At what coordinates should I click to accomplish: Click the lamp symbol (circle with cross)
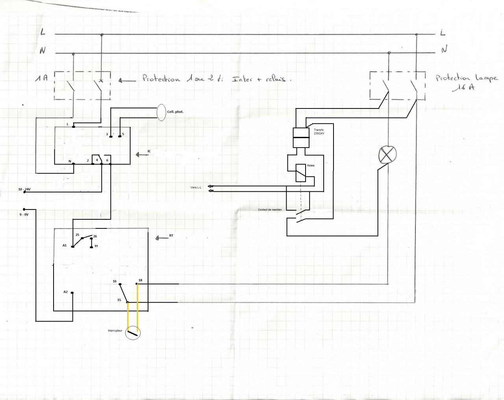387,155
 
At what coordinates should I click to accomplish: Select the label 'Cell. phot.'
175,112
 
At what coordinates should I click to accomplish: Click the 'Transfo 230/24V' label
319,132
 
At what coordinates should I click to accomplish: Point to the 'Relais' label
311,165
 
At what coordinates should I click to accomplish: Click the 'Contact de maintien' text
270,209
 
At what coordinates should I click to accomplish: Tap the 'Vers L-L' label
196,187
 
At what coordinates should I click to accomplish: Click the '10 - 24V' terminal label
24,189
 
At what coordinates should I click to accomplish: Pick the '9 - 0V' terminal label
24,215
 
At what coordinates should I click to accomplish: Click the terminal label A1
65,245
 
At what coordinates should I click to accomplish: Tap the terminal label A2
65,292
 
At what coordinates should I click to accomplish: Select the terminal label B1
96,246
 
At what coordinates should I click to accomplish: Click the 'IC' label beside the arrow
149,151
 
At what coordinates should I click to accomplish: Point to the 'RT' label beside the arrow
171,236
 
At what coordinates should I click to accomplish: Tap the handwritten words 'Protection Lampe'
467,78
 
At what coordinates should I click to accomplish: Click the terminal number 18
140,280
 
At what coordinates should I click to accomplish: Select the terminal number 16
115,281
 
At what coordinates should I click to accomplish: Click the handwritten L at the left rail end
43,32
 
